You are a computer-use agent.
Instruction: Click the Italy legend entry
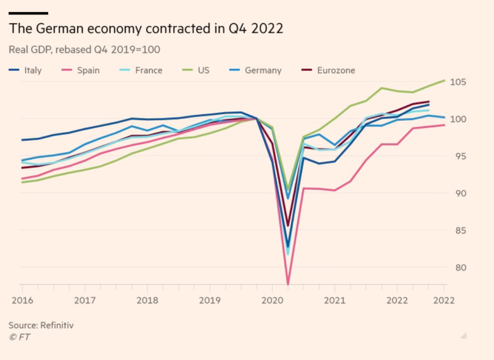[32, 70]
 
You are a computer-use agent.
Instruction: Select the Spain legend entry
[88, 70]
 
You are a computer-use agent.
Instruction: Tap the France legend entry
[148, 70]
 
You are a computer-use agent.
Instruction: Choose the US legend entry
[204, 70]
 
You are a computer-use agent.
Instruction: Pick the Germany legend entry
[263, 70]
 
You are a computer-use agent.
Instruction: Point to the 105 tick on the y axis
[457, 82]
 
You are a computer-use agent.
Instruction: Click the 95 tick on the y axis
[457, 156]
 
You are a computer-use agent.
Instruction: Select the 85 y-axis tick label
[457, 230]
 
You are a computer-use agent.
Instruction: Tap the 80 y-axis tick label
[457, 267]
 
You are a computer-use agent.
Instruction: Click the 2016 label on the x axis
[22, 300]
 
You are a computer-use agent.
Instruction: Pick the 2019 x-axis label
[209, 300]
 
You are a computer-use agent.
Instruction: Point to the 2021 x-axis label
[335, 300]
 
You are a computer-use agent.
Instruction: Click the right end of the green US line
[444, 80]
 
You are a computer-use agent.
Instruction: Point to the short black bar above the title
[29, 13]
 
